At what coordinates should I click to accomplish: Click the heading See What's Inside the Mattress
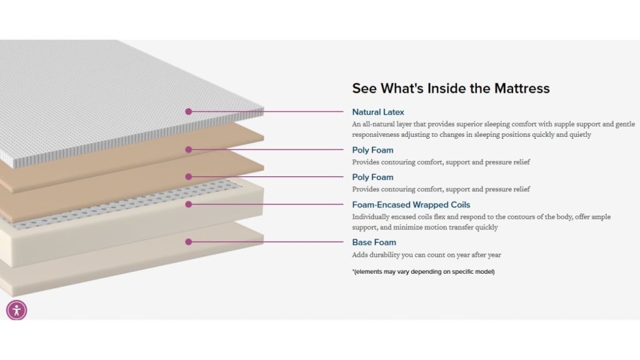pos(451,88)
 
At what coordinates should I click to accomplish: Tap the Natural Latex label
pos(377,112)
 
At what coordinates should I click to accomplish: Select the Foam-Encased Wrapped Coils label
pos(411,204)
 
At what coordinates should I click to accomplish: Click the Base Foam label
pos(374,242)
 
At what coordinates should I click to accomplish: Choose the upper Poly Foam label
pos(372,150)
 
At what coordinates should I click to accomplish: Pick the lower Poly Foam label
pos(372,177)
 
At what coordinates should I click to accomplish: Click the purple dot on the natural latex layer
pos(188,112)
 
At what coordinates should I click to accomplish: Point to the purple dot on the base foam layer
pos(188,242)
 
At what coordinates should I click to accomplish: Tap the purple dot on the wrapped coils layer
pos(188,204)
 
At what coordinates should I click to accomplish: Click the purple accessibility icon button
pos(16,309)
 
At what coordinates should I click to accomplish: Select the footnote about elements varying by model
pos(423,271)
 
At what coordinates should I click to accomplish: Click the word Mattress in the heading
pos(521,88)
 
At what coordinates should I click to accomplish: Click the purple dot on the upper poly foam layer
pos(188,150)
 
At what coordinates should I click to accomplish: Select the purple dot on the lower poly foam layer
pos(188,177)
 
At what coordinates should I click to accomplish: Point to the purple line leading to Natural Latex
pos(269,112)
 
